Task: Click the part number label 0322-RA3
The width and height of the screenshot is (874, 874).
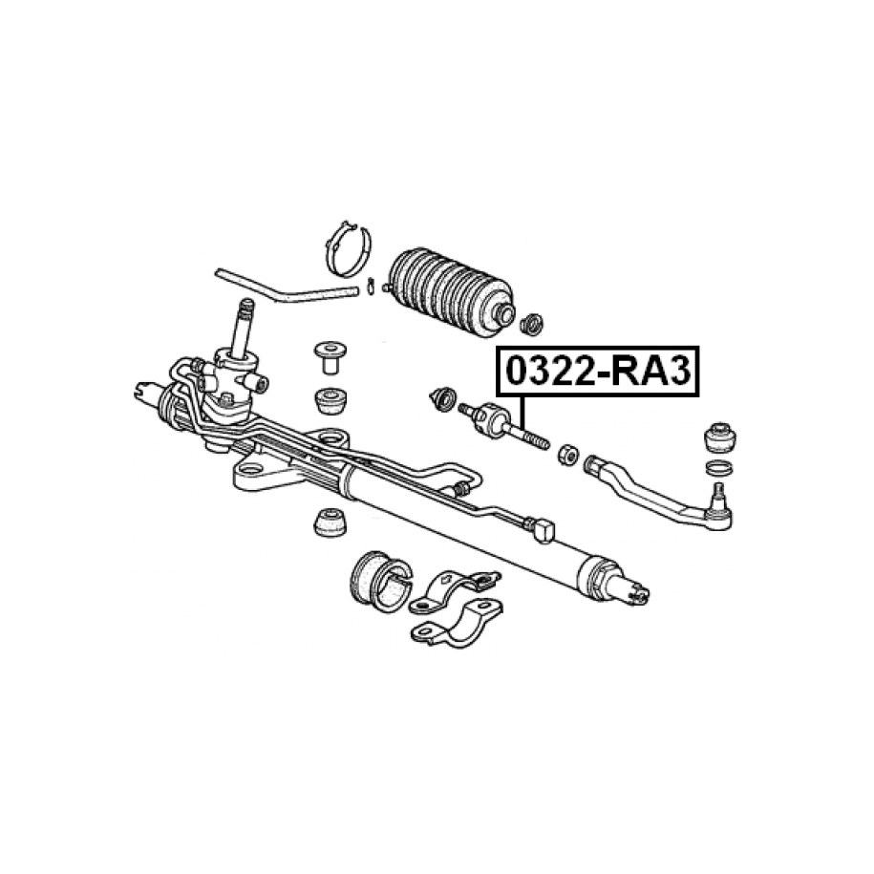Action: [598, 372]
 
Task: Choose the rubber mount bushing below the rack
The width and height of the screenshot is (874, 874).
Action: [330, 522]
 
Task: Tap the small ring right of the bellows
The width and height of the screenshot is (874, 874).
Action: [531, 325]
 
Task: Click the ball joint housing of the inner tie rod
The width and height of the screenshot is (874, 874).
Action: [492, 419]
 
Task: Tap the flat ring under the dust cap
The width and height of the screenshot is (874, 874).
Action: [719, 468]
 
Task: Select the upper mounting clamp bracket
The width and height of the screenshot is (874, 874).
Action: [455, 589]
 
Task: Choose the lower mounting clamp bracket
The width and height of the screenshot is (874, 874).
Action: [456, 622]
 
